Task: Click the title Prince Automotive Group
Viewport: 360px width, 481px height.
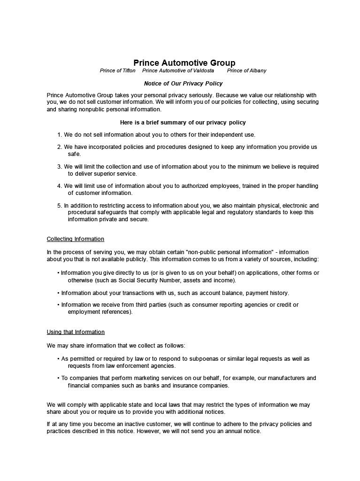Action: (x=184, y=62)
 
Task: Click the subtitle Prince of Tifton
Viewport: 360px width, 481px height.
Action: (x=117, y=70)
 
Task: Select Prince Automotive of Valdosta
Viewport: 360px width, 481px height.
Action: (x=178, y=70)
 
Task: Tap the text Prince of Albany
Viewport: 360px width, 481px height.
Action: (x=246, y=70)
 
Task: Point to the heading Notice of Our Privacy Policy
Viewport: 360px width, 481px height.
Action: (x=183, y=83)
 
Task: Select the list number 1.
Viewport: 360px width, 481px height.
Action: (x=60, y=135)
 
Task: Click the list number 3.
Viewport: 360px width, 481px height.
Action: (x=60, y=167)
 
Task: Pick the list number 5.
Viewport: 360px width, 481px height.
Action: (x=60, y=205)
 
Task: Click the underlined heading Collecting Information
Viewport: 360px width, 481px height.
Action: (x=75, y=239)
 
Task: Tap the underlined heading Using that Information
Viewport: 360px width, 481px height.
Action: (x=76, y=332)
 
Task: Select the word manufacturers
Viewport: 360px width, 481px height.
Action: (x=286, y=378)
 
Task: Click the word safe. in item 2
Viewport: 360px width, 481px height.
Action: (x=75, y=154)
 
